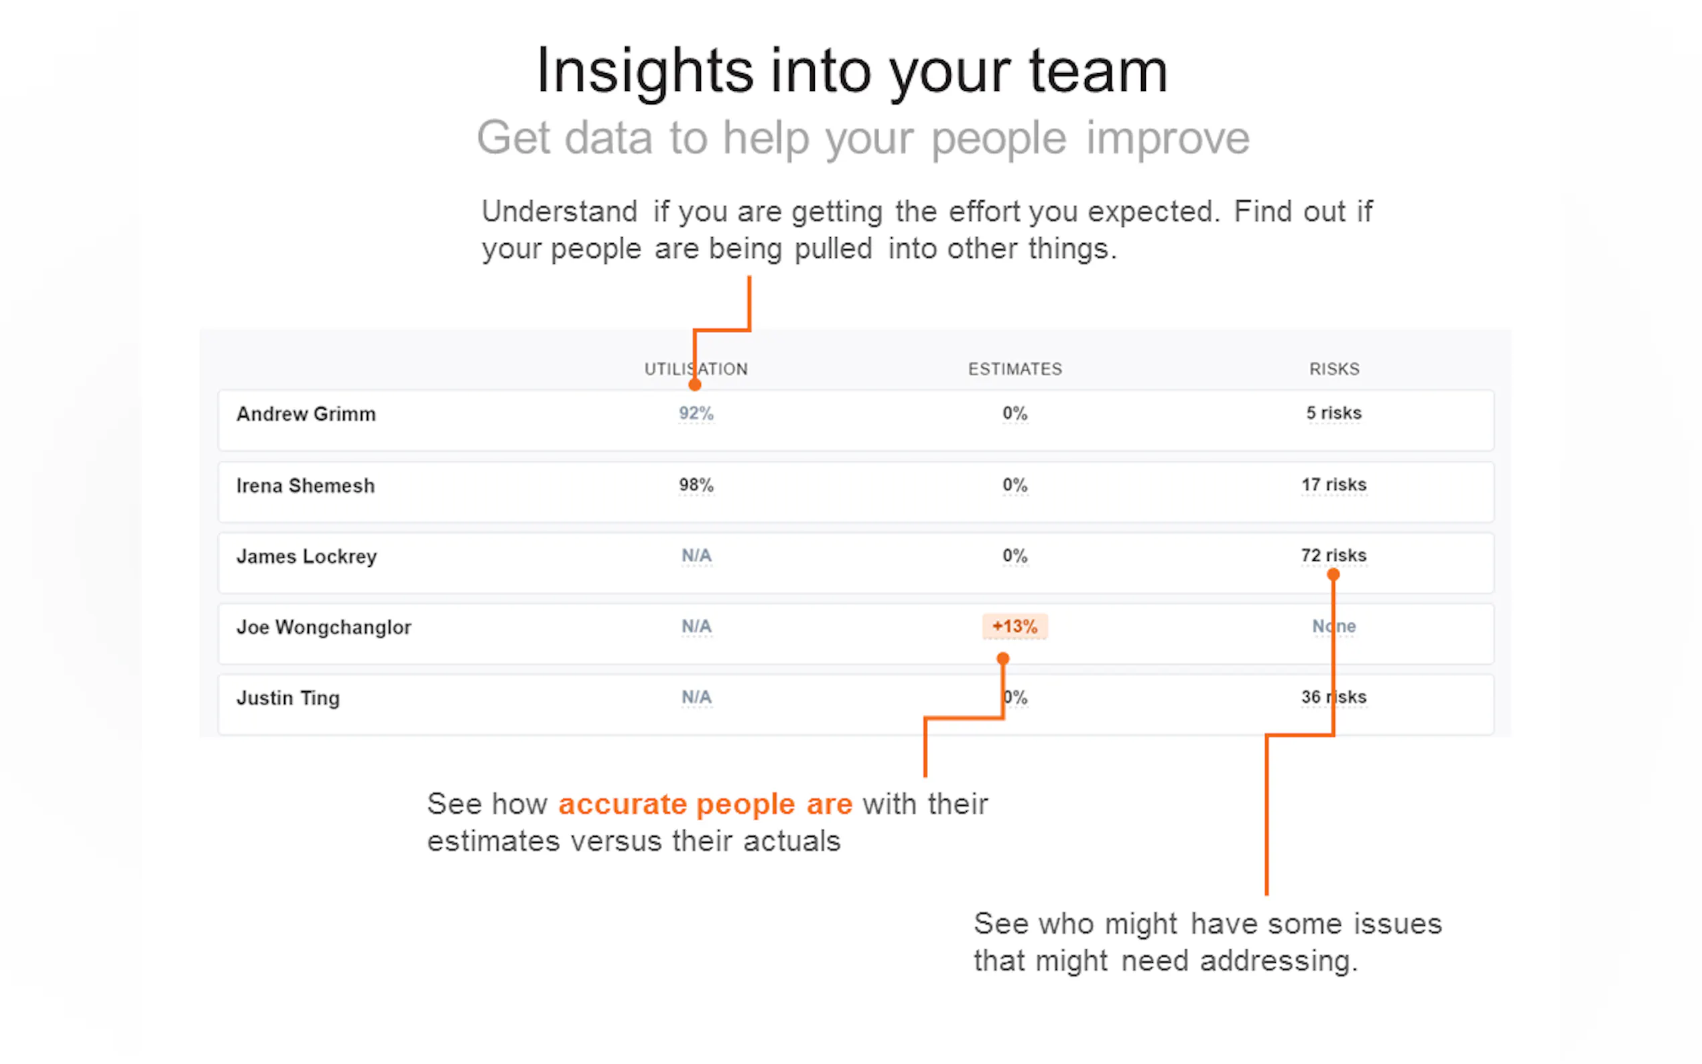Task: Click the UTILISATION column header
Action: click(696, 369)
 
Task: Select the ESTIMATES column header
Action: click(1014, 369)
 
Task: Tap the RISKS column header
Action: click(1334, 369)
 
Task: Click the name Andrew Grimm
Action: click(306, 414)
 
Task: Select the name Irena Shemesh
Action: click(306, 486)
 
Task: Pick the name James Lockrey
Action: click(307, 557)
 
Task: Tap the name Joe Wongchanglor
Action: click(324, 627)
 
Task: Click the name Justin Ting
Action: click(287, 698)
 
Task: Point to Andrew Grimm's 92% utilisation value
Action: click(696, 413)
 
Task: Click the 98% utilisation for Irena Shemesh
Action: click(696, 485)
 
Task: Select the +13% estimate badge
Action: click(1014, 626)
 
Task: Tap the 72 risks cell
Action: click(1334, 555)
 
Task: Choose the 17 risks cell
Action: click(1334, 484)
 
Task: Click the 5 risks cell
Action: click(1334, 413)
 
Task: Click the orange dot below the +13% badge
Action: click(1003, 659)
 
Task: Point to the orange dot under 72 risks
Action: click(1333, 575)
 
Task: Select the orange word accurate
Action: click(623, 804)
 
